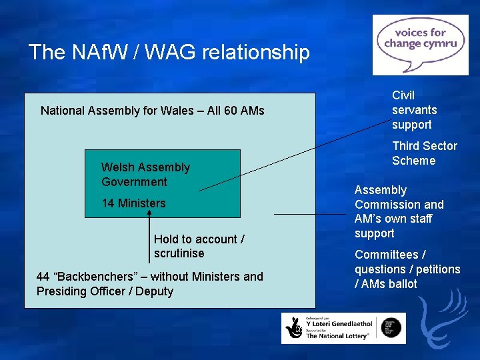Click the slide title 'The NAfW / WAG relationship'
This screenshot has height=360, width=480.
coord(169,52)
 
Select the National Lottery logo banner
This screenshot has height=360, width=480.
coord(343,328)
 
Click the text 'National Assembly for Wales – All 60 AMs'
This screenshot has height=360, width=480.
coord(152,110)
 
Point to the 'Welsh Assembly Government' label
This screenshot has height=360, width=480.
coord(145,175)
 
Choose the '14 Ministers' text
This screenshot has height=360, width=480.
coord(133,203)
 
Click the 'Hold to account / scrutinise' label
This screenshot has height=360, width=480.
coord(199,246)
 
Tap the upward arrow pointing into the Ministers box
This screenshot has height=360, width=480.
coord(149,233)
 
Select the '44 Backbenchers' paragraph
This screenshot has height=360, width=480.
coord(149,284)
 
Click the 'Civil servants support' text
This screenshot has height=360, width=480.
coord(414,110)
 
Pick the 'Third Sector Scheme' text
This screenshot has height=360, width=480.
coord(424,153)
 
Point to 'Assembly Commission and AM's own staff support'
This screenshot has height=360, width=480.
coord(399,212)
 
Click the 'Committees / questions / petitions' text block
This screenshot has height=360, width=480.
coord(407,269)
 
